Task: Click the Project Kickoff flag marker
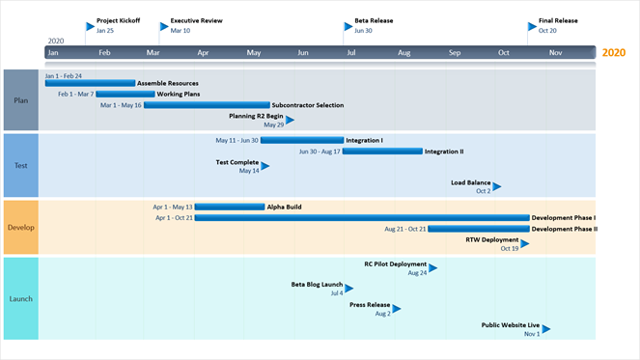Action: point(91,26)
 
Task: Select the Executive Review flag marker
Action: point(164,26)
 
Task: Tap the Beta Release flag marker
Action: point(348,26)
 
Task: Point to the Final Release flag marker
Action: point(533,26)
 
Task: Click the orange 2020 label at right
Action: point(613,53)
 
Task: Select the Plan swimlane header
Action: point(20,100)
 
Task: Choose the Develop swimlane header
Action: point(20,228)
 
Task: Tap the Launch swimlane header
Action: point(20,299)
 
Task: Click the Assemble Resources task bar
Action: point(90,83)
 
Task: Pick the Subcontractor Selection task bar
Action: point(207,105)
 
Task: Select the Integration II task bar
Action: point(383,151)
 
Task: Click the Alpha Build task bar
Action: point(229,207)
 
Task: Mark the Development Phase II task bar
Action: point(478,229)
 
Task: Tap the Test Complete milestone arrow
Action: point(265,166)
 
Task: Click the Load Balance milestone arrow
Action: point(497,186)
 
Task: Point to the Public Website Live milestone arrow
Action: point(546,329)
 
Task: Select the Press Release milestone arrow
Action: point(397,309)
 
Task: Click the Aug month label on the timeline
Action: point(403,53)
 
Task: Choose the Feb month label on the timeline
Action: point(103,53)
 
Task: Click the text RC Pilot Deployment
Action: point(395,263)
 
